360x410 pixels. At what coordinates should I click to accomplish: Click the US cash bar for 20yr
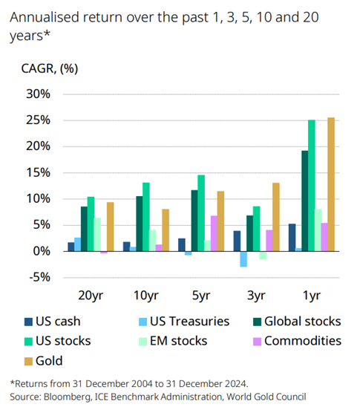(71, 247)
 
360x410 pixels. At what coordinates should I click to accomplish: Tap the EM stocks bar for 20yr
(97, 234)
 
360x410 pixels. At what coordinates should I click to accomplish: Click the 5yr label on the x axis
(200, 296)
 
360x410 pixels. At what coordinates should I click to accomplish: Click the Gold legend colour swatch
(30, 361)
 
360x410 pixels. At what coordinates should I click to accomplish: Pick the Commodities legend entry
(301, 341)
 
